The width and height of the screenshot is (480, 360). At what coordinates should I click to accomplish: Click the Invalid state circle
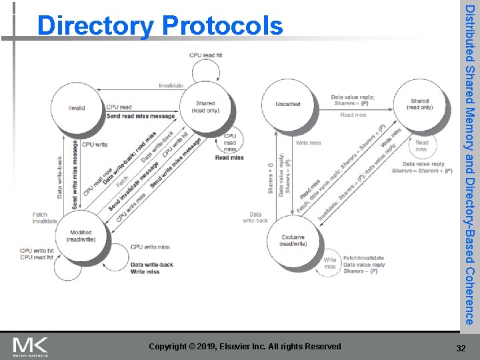pyautogui.click(x=77, y=109)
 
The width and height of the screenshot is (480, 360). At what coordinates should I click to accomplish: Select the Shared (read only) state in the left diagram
pyautogui.click(x=205, y=107)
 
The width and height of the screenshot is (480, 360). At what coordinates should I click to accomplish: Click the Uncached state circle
pyautogui.click(x=288, y=104)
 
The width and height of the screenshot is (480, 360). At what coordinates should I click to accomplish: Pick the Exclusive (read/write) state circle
pyautogui.click(x=293, y=240)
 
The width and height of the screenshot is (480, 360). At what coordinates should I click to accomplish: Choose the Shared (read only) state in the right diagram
pyautogui.click(x=420, y=104)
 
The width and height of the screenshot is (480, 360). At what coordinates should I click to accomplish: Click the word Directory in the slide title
pyautogui.click(x=95, y=27)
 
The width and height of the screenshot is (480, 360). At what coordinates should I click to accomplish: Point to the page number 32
pyautogui.click(x=460, y=347)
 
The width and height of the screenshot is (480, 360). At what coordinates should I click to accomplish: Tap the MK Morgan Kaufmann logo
pyautogui.click(x=31, y=346)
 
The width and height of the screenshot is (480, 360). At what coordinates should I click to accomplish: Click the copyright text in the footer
pyautogui.click(x=245, y=347)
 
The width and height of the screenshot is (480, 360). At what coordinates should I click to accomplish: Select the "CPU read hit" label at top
pyautogui.click(x=205, y=56)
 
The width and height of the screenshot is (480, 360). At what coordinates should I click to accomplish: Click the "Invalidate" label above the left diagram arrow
pyautogui.click(x=171, y=85)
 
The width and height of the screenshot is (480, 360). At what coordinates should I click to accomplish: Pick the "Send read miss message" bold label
pyautogui.click(x=141, y=116)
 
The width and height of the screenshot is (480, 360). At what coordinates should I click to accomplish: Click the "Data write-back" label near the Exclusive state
pyautogui.click(x=255, y=217)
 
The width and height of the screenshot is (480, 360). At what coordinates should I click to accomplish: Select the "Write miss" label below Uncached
pyautogui.click(x=308, y=143)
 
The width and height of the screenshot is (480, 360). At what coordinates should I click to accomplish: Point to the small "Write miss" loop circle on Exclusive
pyautogui.click(x=330, y=263)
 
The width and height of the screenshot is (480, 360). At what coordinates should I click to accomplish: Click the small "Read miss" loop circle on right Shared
pyautogui.click(x=422, y=145)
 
